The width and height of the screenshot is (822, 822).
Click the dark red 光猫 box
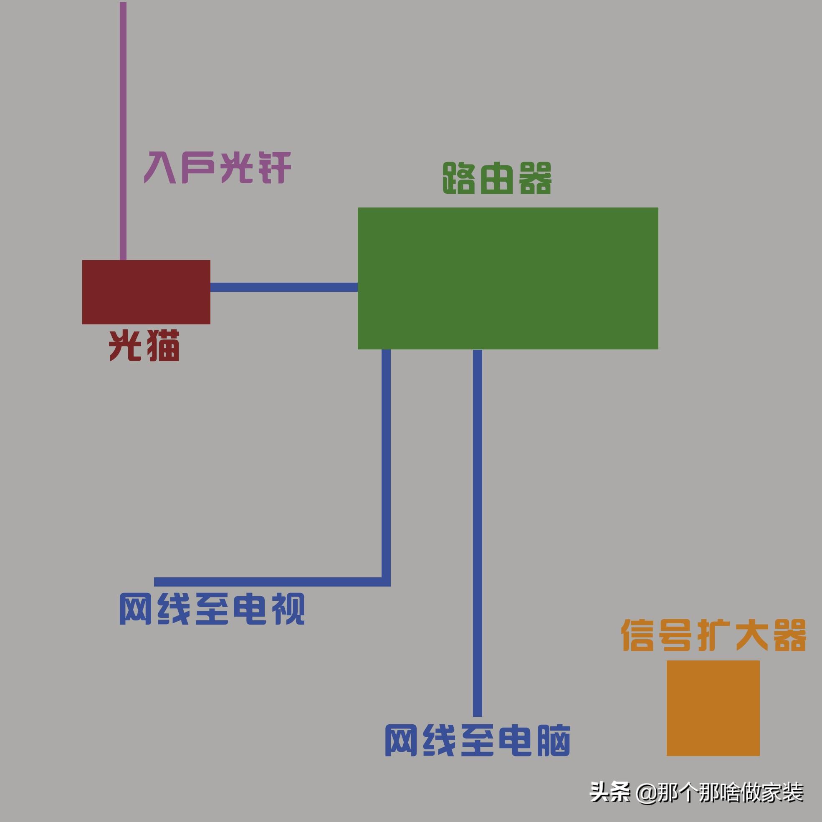(x=146, y=292)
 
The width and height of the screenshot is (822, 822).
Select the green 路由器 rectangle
(x=508, y=278)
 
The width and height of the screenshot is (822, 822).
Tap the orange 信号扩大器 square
(x=713, y=708)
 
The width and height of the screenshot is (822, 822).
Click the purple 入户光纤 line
(x=123, y=128)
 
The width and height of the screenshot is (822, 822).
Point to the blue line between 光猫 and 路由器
(x=284, y=287)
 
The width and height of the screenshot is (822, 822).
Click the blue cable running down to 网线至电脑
(x=477, y=532)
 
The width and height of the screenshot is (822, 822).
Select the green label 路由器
(x=497, y=178)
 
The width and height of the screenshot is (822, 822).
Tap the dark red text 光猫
(x=144, y=346)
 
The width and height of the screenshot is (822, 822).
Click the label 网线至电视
(x=212, y=609)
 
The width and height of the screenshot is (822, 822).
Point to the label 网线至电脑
(x=477, y=740)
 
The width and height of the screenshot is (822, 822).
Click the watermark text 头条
(x=610, y=792)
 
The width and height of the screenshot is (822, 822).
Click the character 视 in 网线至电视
(x=288, y=609)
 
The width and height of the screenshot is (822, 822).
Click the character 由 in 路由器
(x=497, y=178)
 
